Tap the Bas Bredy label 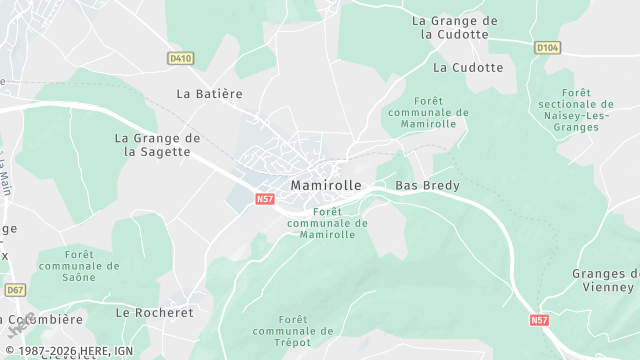point(420,186)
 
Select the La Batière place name point(209,93)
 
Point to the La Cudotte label point(468,68)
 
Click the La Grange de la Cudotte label point(454,27)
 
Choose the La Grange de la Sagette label point(158,145)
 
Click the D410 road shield point(180,59)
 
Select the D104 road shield point(546,47)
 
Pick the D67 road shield point(14,290)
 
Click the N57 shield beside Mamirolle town point(265,200)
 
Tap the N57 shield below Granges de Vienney point(539,320)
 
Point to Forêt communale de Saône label point(79,266)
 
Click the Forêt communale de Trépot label point(293,330)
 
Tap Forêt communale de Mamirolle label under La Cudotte point(426,112)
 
